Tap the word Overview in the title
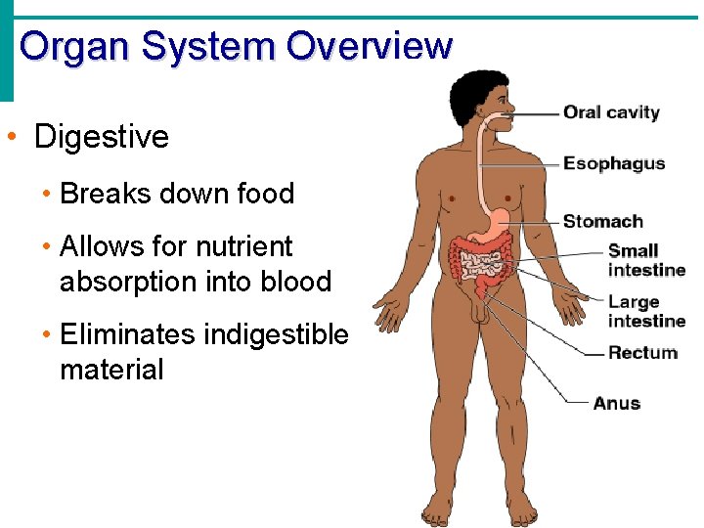point(370,46)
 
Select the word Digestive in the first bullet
point(102,137)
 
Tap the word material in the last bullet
point(111,370)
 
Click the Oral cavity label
point(611,112)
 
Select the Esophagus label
point(614,163)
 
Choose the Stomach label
point(602,221)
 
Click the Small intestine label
point(646,260)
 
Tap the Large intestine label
point(646,312)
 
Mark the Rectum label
point(642,352)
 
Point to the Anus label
point(616,403)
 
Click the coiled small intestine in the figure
point(481,262)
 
